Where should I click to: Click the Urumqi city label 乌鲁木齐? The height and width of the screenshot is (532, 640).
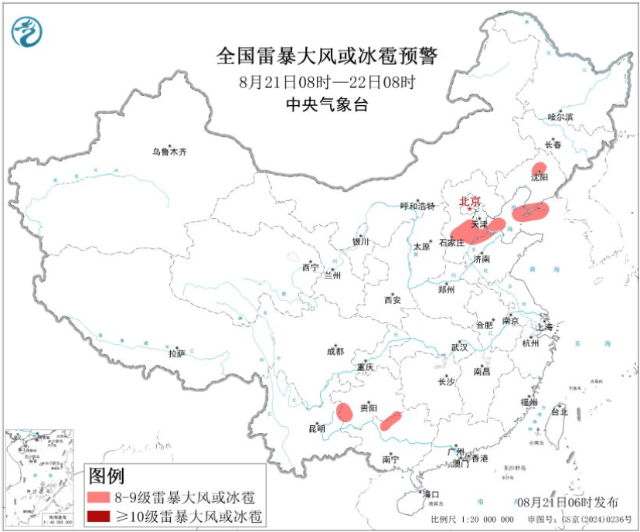point(169,152)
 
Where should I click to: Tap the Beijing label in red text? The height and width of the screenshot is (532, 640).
point(470,201)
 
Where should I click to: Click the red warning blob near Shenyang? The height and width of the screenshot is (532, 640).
point(539,169)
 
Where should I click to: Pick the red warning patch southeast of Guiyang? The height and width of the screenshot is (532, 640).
point(390,421)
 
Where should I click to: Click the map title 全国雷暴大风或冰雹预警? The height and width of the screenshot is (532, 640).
point(327,56)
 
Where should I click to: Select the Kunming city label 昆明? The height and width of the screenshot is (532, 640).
point(317,428)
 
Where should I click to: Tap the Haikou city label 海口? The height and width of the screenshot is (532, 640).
point(431,494)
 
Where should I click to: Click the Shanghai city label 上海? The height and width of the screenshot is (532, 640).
point(547,327)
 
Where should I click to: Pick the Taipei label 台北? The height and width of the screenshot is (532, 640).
point(559,412)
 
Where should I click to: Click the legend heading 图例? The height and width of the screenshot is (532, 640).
point(106,476)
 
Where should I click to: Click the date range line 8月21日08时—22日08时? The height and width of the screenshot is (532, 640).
point(327,81)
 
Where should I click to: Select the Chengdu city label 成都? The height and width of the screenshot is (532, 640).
point(335,350)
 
